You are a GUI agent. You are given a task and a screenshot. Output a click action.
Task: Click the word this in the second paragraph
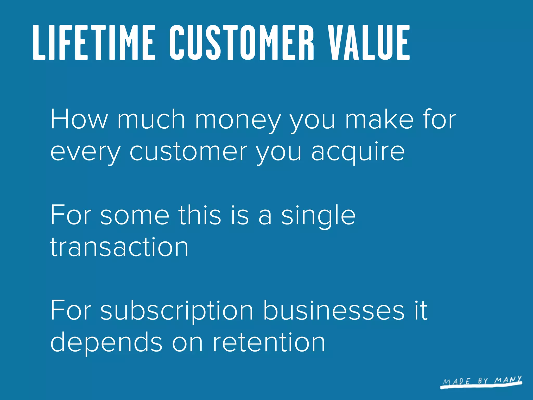pos(200,215)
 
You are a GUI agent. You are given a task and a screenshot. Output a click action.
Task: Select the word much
pos(151,119)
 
